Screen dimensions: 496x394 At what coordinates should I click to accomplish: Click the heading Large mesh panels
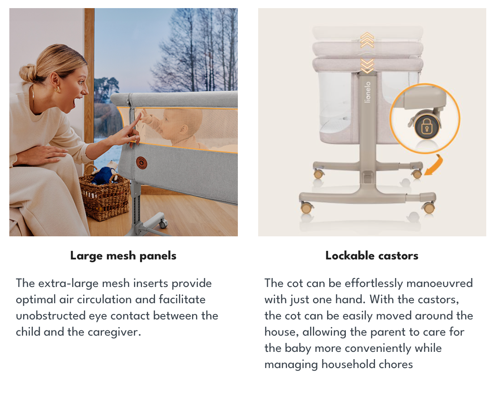pyautogui.click(x=123, y=256)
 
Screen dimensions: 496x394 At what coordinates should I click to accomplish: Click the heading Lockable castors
pyautogui.click(x=372, y=256)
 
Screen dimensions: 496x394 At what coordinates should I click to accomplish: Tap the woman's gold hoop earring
pyautogui.click(x=57, y=89)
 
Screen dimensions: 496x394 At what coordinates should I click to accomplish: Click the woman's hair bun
pyautogui.click(x=28, y=73)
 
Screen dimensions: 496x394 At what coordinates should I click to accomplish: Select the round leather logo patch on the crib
pyautogui.click(x=141, y=163)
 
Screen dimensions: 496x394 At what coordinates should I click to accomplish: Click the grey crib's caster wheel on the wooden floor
pyautogui.click(x=163, y=224)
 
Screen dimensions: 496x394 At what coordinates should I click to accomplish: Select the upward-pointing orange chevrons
pyautogui.click(x=367, y=40)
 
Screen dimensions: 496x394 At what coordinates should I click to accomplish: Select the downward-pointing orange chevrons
pyautogui.click(x=367, y=66)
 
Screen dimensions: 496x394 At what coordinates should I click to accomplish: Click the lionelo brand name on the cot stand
pyautogui.click(x=368, y=92)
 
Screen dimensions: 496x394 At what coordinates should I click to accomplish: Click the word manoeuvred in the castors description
pyautogui.click(x=440, y=283)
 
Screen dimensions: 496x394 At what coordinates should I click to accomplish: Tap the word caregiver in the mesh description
pyautogui.click(x=114, y=332)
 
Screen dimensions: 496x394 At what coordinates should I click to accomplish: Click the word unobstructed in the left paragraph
pyautogui.click(x=51, y=316)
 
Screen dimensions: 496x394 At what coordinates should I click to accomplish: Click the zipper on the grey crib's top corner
pyautogui.click(x=129, y=103)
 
